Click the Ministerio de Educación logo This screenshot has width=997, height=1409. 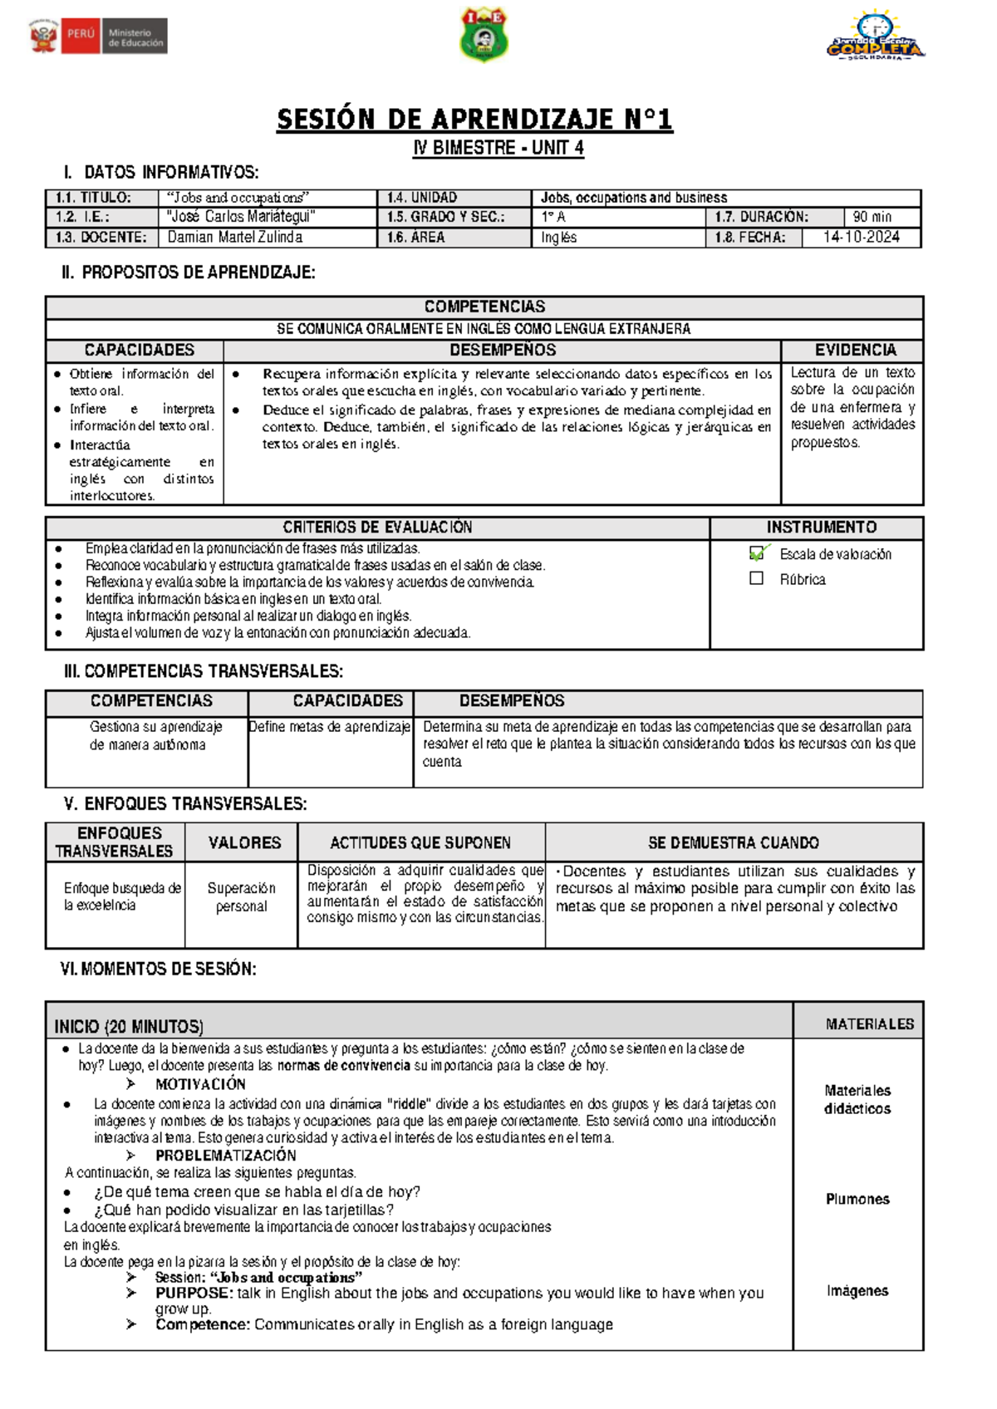coord(98,37)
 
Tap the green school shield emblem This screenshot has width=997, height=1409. coord(484,35)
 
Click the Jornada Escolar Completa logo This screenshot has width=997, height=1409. coord(875,37)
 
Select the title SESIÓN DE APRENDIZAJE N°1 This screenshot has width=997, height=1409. coord(474,120)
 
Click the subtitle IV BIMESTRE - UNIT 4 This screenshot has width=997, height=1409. coord(498,148)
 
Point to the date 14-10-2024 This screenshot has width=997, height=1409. coord(862,237)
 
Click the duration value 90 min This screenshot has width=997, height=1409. coord(872,217)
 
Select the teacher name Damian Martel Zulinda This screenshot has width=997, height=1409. coord(234,237)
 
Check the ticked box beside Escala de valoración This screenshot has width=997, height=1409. coord(757,553)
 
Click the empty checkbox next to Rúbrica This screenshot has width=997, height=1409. coord(756,578)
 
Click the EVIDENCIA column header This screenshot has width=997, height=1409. coord(855,350)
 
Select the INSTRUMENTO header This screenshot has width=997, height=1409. coord(821,527)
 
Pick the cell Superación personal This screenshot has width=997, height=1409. coord(241,897)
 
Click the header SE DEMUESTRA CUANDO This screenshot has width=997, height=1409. coord(733,842)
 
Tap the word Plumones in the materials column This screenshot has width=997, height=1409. coord(857,1199)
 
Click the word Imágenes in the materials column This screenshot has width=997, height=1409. coord(857,1290)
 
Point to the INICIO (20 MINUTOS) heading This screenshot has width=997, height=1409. coord(129,1026)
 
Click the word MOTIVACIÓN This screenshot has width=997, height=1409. coord(200,1084)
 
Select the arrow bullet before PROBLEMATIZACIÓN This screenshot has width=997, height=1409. coord(130,1156)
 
